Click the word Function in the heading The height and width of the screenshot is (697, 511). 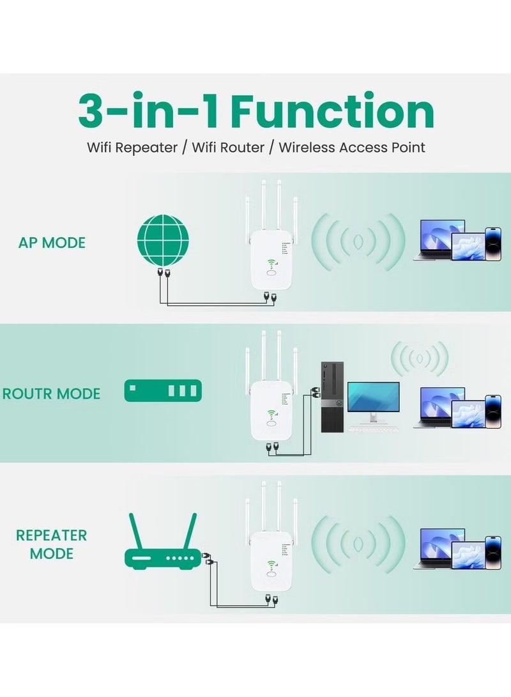point(332,112)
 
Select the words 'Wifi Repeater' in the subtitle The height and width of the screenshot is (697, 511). point(132,148)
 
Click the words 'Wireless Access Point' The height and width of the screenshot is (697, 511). point(352,148)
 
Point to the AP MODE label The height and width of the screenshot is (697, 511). point(52,243)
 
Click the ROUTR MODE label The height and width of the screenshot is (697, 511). point(52,394)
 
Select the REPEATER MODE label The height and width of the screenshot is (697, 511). point(52,544)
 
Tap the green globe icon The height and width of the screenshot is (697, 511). point(164,240)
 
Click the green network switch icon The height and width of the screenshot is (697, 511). point(163,390)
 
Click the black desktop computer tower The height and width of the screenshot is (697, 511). point(332,397)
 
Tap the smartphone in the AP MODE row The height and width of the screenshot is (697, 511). point(493,243)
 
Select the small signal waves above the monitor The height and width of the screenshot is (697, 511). point(420,359)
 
